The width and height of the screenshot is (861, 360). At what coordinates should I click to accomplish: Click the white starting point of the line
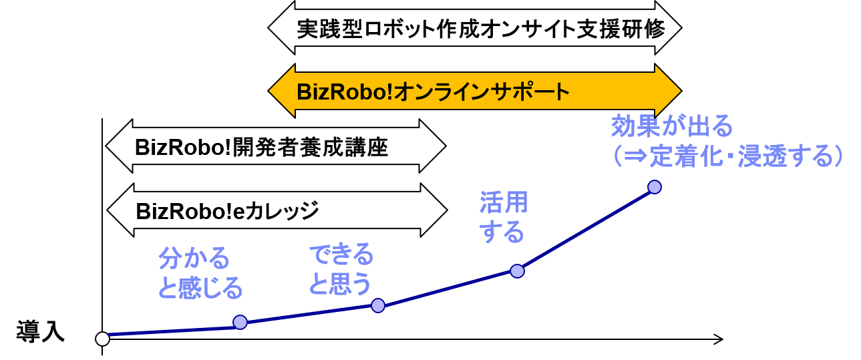click(102, 339)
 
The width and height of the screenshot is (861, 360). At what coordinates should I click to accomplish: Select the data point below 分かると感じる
click(240, 322)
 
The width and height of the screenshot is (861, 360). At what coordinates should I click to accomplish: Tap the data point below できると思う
click(378, 305)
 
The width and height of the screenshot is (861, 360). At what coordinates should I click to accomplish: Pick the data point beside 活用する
click(516, 271)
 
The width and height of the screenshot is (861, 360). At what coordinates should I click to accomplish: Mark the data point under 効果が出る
click(655, 187)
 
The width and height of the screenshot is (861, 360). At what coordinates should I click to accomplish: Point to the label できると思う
click(340, 270)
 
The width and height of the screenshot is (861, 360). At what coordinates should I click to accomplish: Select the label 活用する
click(503, 218)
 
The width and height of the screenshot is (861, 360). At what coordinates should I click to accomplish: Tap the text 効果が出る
click(672, 126)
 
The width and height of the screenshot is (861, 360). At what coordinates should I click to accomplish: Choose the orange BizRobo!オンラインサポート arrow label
click(433, 91)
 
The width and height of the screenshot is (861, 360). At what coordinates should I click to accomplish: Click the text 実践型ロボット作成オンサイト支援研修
click(480, 29)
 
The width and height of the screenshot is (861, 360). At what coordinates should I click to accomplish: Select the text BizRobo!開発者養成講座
click(261, 146)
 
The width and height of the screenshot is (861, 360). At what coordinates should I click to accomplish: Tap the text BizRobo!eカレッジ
click(227, 211)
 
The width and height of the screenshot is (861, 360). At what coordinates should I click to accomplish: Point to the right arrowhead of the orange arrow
click(667, 91)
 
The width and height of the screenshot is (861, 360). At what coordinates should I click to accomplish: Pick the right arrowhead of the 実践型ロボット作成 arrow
click(667, 29)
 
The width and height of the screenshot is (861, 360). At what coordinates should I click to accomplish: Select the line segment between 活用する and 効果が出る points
click(586, 229)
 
